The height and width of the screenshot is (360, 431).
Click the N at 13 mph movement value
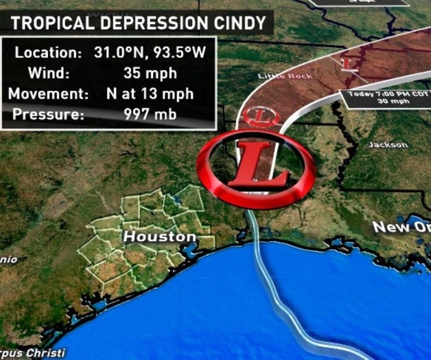159,93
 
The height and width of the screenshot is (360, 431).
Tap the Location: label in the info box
46,52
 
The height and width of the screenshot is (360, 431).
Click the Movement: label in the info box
46,93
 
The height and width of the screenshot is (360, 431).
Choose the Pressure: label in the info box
46,114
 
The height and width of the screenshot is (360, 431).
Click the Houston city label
159,237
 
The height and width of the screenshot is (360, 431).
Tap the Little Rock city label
284,76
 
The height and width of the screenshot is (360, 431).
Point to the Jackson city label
388,145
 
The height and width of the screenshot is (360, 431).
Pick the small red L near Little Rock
349,64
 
